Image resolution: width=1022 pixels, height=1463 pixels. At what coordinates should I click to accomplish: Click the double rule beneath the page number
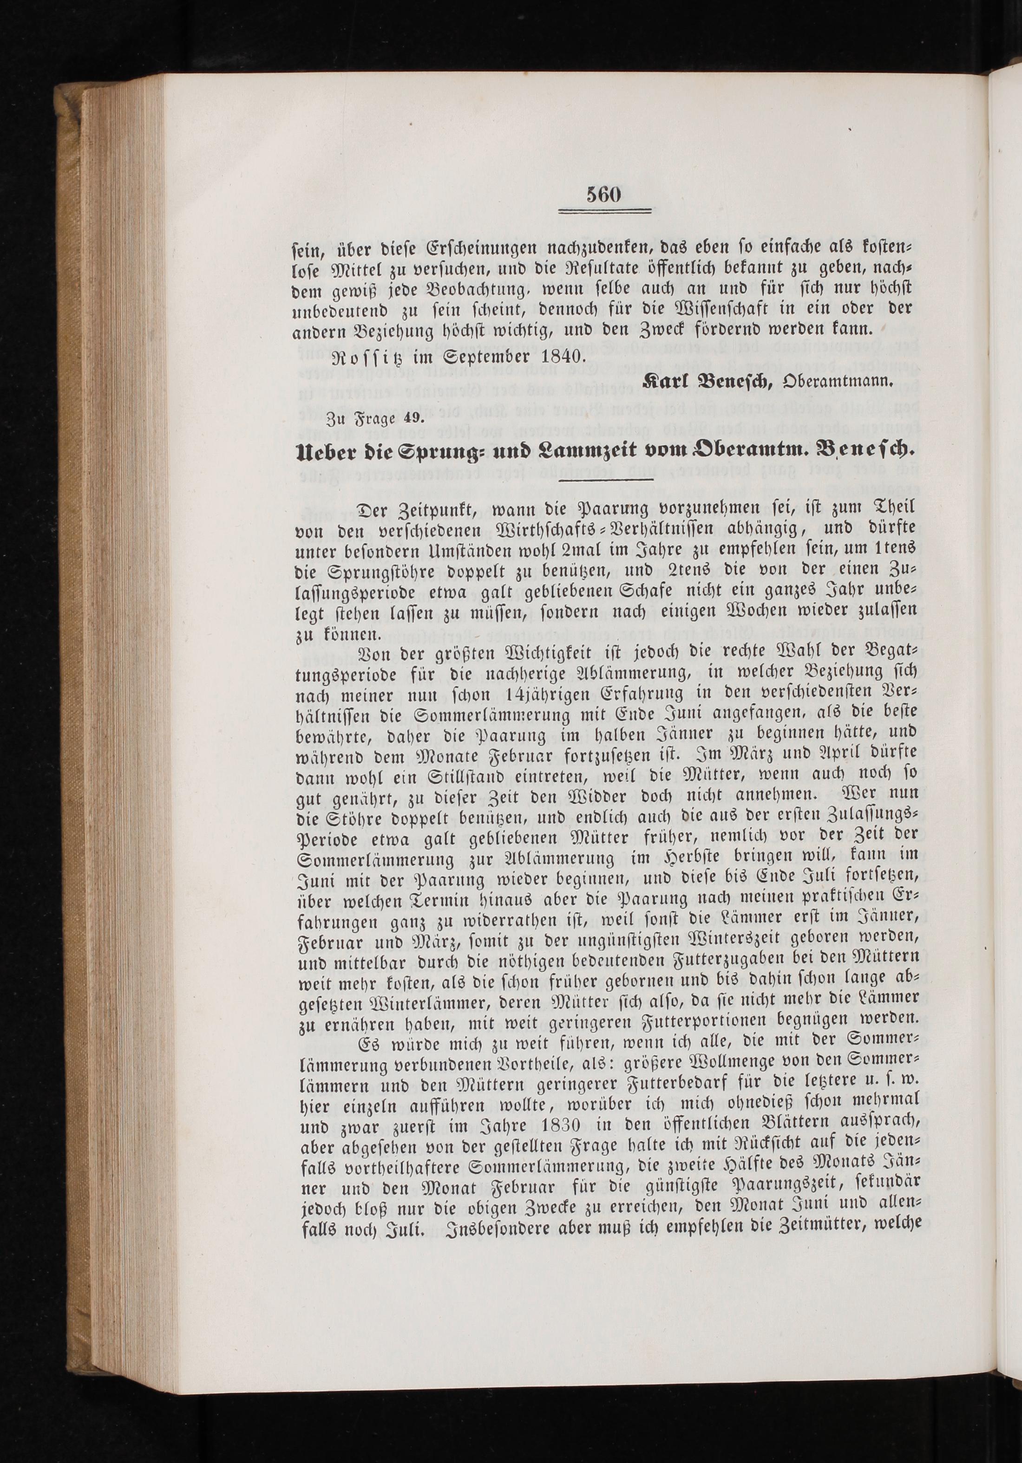tap(604, 212)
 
